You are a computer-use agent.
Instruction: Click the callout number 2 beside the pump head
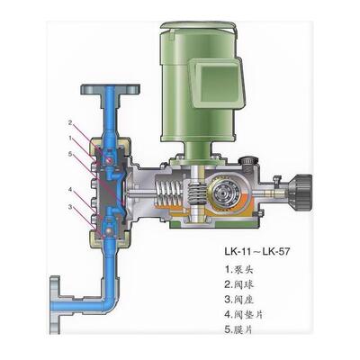[x=69, y=121]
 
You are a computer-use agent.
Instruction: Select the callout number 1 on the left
[x=69, y=137]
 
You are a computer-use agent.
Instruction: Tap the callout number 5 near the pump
[x=69, y=153]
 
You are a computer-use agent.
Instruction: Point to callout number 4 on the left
[x=69, y=191]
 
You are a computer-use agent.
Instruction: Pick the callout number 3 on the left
[x=69, y=207]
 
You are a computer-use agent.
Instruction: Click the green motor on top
[x=197, y=90]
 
